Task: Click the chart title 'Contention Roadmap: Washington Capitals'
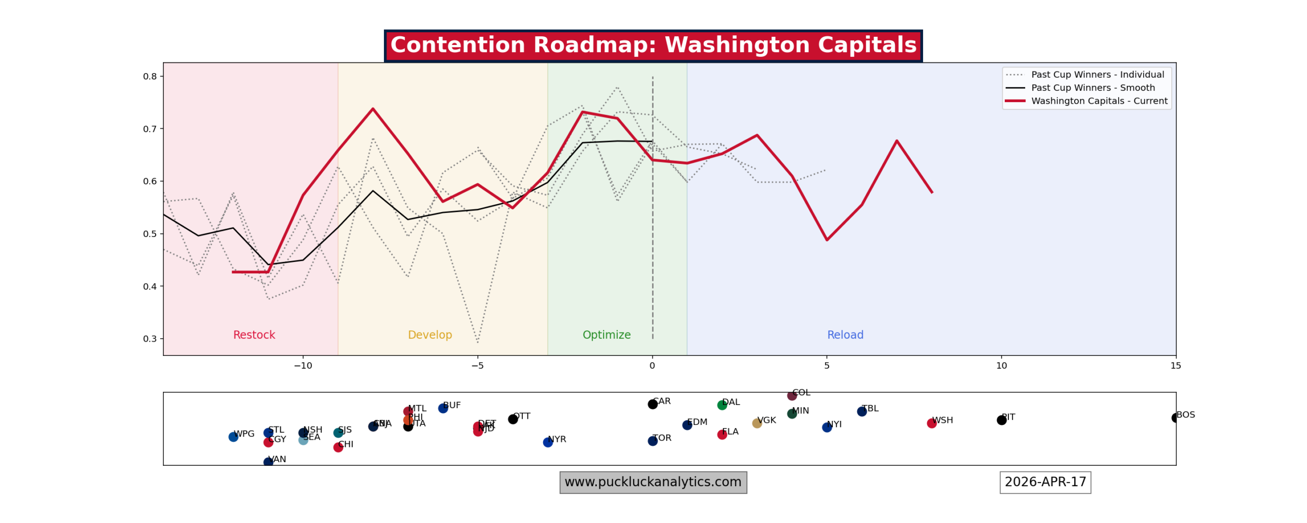coord(653,45)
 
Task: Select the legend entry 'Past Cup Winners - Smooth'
coord(1093,88)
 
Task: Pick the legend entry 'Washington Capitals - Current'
coord(1099,101)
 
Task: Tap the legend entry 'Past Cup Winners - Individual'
coord(1097,75)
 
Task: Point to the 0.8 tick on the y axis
coord(150,77)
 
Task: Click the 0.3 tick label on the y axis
coord(150,339)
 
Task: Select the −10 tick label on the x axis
coord(303,366)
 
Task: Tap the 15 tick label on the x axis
coord(1175,366)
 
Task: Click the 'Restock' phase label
coord(254,335)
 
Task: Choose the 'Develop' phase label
coord(430,335)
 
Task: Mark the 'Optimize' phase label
coord(607,335)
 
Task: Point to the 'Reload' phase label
coord(845,335)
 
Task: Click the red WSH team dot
coord(931,423)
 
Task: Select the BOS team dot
coord(1175,418)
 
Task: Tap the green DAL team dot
coord(722,406)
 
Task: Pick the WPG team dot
coord(233,437)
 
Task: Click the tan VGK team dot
coord(757,423)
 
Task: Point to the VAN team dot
coord(268,462)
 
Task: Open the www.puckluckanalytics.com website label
coord(653,483)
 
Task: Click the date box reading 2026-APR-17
coord(1045,483)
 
